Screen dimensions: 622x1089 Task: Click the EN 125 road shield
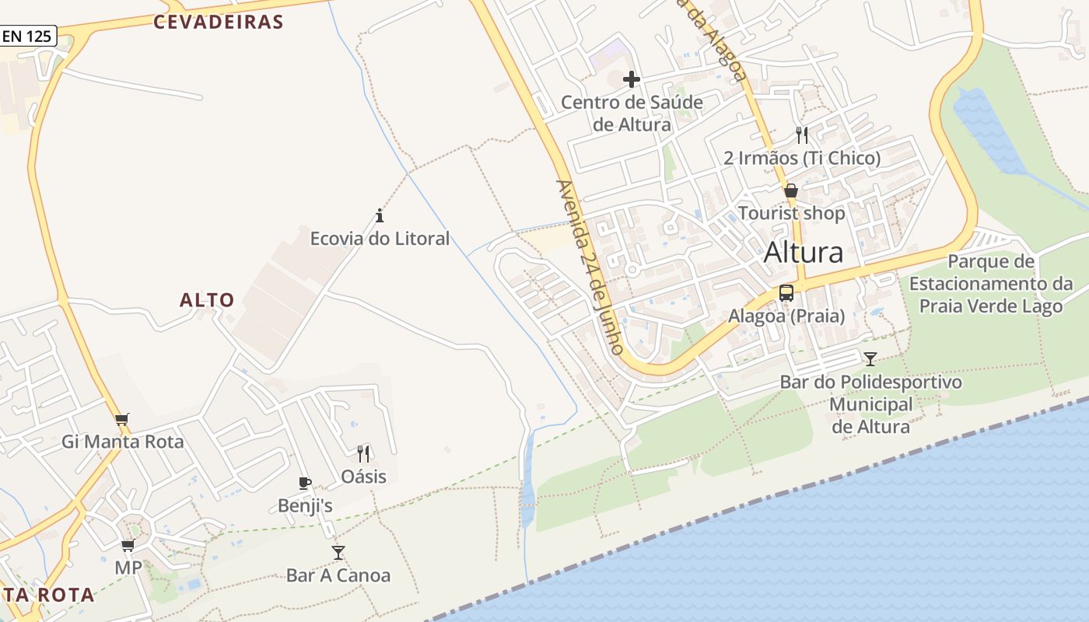pyautogui.click(x=28, y=36)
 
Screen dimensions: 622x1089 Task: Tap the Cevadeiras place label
pyautogui.click(x=218, y=22)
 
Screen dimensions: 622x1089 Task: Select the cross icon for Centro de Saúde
pyautogui.click(x=632, y=79)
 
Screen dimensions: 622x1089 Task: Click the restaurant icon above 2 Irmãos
pyautogui.click(x=802, y=135)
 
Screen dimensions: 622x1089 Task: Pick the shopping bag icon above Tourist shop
pyautogui.click(x=791, y=190)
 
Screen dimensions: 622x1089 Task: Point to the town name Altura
pyautogui.click(x=804, y=253)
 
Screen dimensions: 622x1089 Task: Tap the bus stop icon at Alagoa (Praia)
pyautogui.click(x=786, y=293)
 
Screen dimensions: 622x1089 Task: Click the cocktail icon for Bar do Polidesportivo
pyautogui.click(x=870, y=358)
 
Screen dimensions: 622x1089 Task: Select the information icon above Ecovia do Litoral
pyautogui.click(x=380, y=215)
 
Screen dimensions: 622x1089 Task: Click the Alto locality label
pyautogui.click(x=207, y=300)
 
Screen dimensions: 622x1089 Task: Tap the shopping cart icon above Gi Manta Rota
pyautogui.click(x=121, y=420)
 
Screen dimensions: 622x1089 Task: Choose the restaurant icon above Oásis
pyautogui.click(x=363, y=453)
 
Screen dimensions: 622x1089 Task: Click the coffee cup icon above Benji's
pyautogui.click(x=305, y=484)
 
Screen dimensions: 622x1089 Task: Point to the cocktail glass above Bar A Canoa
pyautogui.click(x=338, y=553)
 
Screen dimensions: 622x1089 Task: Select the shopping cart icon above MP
pyautogui.click(x=128, y=545)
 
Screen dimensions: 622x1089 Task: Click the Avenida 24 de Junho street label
pyautogui.click(x=590, y=267)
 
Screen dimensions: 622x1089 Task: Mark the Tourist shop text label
pyautogui.click(x=791, y=213)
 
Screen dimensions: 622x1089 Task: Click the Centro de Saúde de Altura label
pyautogui.click(x=632, y=114)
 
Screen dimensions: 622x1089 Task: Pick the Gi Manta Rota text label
pyautogui.click(x=123, y=442)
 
